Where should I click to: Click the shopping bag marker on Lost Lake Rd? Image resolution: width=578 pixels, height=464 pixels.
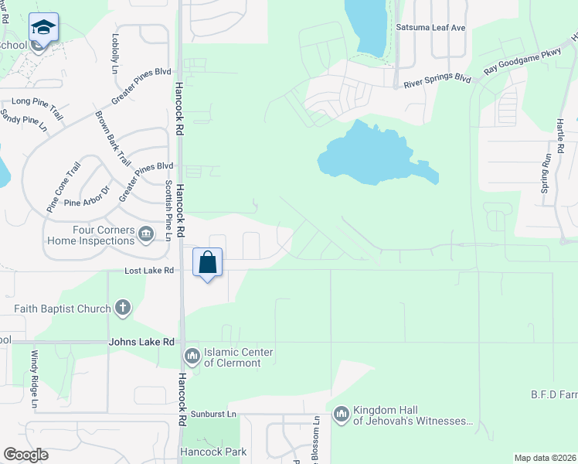tap(208, 263)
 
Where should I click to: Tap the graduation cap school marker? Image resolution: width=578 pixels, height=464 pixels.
tap(44, 28)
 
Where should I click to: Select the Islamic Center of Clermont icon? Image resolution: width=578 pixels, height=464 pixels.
tap(191, 357)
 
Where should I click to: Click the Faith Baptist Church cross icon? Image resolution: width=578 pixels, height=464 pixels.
tap(121, 309)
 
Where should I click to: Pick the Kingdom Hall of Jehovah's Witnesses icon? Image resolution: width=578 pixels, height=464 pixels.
tap(342, 415)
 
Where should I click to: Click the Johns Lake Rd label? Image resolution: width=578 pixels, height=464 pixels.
tap(141, 341)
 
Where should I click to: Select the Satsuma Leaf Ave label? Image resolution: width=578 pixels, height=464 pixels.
tap(430, 28)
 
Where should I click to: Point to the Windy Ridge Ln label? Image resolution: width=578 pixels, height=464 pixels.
tap(35, 379)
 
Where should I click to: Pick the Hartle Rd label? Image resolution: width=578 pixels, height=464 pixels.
tap(559, 135)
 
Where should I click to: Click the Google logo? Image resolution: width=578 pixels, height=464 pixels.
tap(25, 455)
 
